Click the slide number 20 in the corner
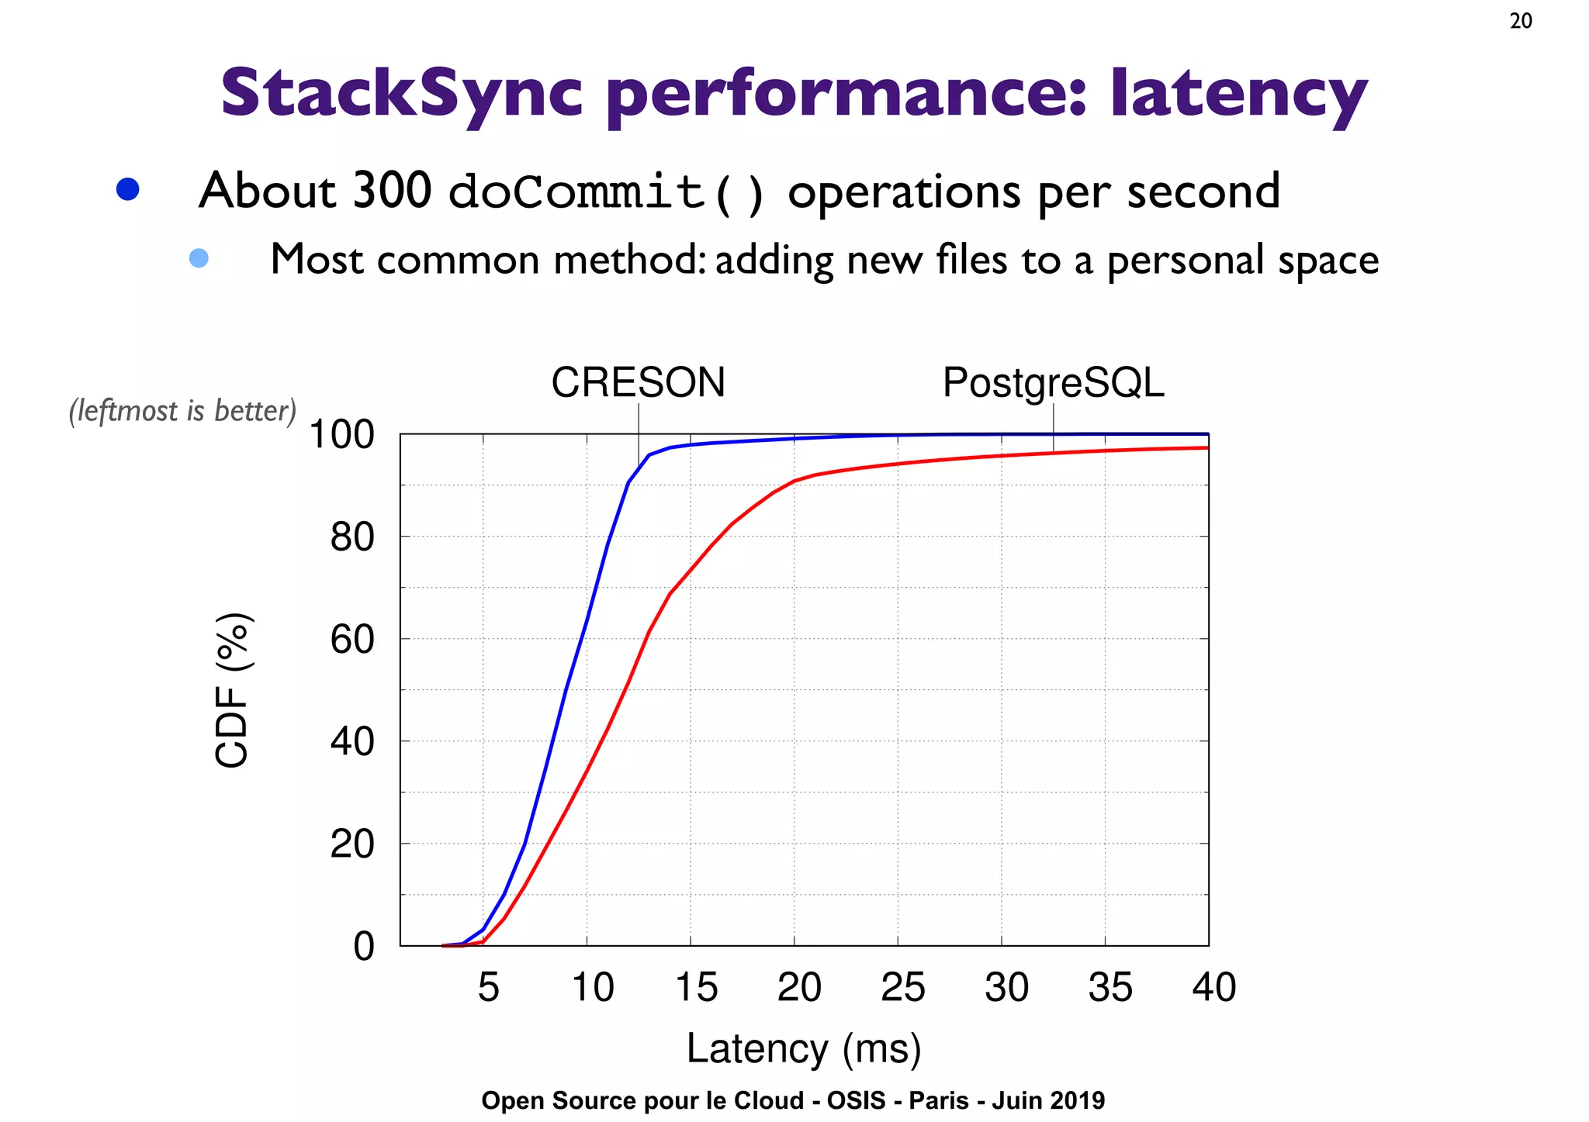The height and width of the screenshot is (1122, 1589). click(1521, 21)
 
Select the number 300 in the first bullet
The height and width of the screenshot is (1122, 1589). click(392, 190)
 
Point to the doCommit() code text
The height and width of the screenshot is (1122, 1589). click(608, 192)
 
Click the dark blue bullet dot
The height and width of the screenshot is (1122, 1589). click(127, 190)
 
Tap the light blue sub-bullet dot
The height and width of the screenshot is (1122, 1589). click(199, 258)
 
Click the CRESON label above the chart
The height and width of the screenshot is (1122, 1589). click(638, 382)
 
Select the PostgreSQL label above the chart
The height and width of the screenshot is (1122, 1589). click(1053, 382)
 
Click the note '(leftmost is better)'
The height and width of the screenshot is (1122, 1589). click(183, 411)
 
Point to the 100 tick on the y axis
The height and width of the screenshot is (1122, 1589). click(341, 435)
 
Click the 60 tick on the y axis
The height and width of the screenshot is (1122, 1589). click(351, 640)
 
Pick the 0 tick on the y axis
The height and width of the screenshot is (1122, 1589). click(363, 947)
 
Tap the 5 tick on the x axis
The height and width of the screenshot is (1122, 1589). click(488, 987)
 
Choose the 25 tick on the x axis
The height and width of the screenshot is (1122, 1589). click(902, 987)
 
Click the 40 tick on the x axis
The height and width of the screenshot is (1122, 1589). click(1213, 987)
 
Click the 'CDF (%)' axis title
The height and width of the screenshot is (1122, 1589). click(232, 690)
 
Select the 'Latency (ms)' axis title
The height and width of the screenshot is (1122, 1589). click(804, 1048)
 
